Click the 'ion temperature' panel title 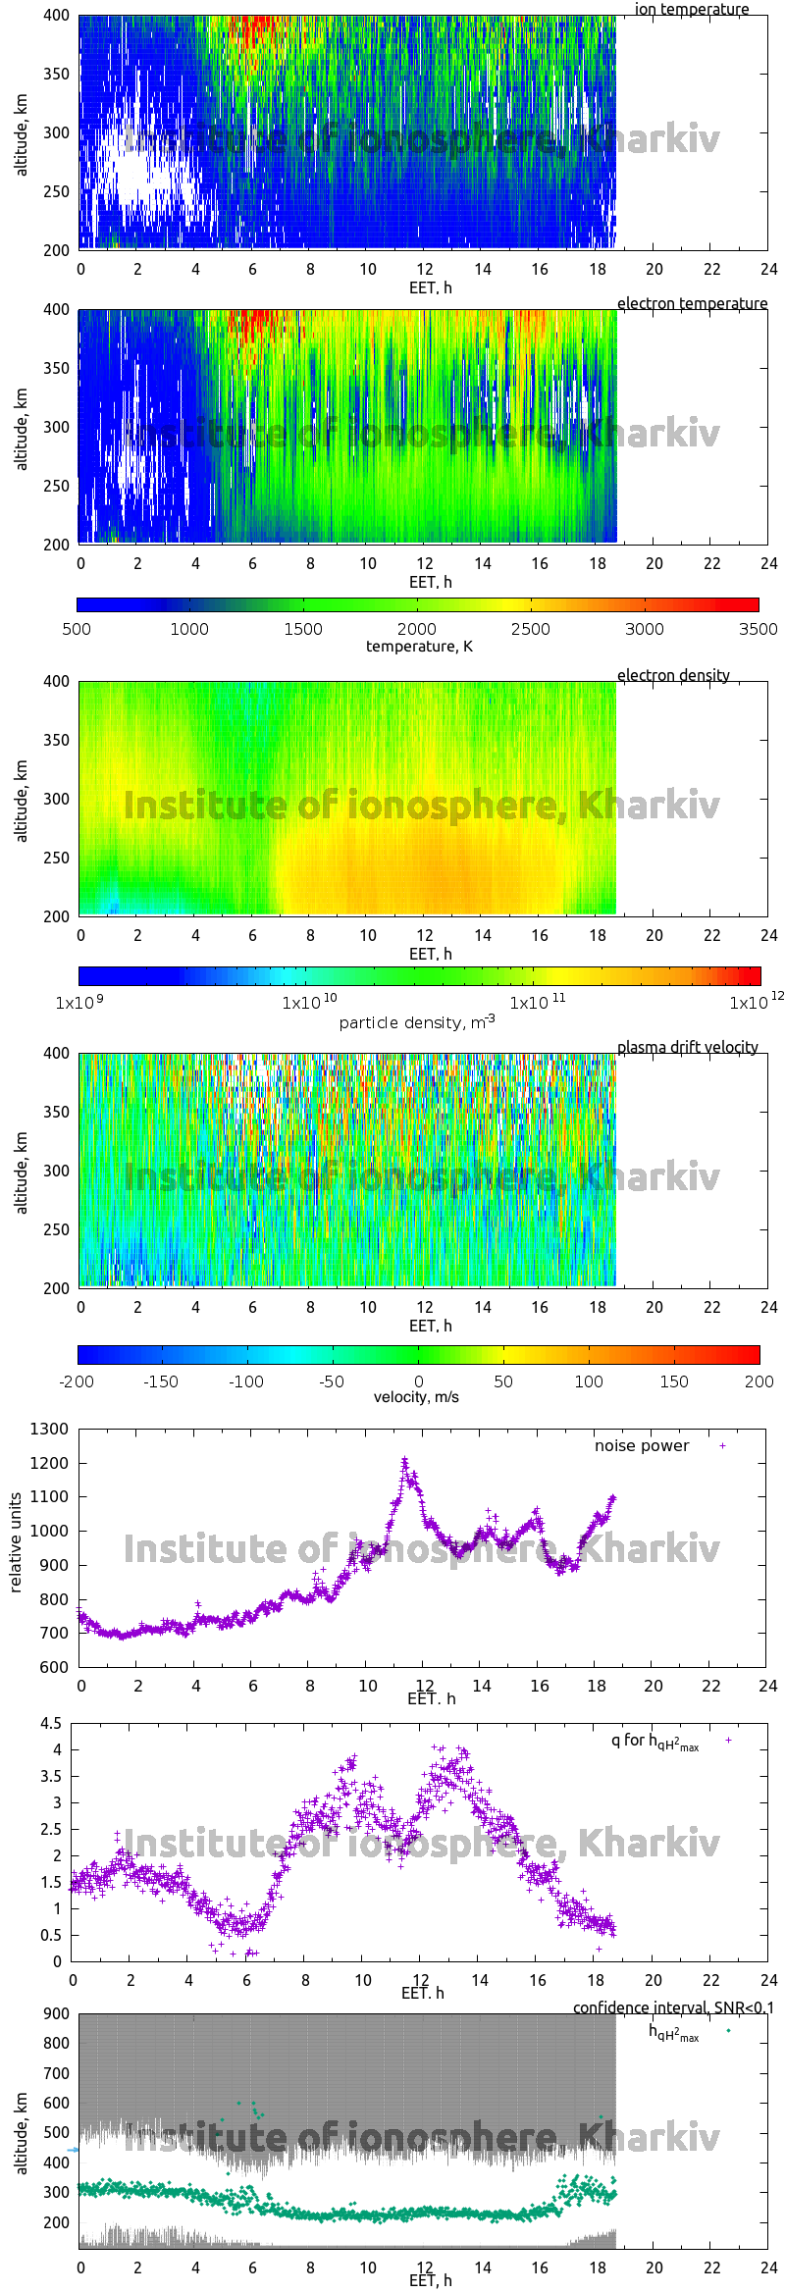691,9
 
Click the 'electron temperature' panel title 692,303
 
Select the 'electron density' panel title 673,675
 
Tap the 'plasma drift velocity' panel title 687,1047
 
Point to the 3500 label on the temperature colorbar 758,629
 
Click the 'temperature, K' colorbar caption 419,646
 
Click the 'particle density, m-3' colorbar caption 417,1022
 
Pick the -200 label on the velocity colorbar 77,1381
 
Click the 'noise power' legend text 641,1445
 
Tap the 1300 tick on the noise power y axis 49,1429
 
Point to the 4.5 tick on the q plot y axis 51,1723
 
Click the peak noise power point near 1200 404,1460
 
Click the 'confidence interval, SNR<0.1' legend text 673,2007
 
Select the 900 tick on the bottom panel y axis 57,2013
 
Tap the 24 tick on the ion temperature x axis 768,269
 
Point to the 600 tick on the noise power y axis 55,1667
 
